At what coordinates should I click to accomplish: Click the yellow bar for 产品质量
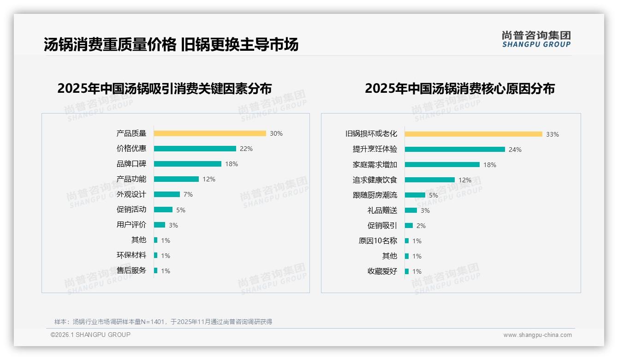210,133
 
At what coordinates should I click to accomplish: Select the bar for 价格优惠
195,149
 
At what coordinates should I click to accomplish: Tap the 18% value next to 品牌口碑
232,164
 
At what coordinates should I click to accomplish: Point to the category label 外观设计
131,194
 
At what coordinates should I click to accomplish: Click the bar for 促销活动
163,210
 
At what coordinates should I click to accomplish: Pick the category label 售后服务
131,270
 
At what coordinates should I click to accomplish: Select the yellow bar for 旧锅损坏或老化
473,134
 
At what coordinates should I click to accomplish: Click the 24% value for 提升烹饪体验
515,150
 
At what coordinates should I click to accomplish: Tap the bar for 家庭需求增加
442,165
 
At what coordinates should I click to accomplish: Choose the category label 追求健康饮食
374,180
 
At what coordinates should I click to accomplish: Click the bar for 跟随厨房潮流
415,195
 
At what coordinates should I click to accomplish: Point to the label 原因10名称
377,240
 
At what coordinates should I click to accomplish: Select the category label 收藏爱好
382,271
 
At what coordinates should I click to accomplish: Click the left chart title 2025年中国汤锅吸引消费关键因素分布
164,88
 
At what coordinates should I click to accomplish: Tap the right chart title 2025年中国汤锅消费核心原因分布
459,88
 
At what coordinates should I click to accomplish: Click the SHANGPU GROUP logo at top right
536,39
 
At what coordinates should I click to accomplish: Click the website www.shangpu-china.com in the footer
537,335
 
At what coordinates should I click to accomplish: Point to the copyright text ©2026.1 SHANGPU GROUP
90,335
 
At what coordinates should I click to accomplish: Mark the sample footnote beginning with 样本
163,322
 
